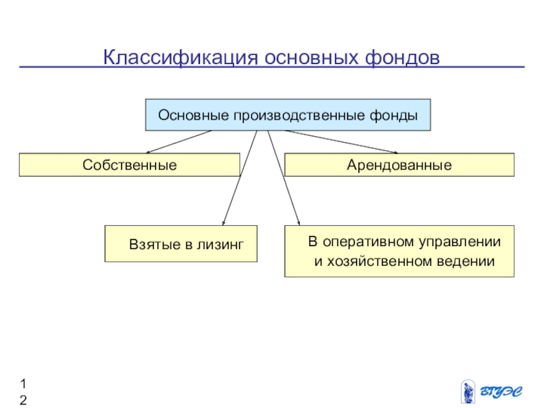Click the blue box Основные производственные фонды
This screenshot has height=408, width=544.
[288, 115]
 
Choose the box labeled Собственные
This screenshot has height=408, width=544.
[129, 165]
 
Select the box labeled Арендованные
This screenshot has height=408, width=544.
[399, 165]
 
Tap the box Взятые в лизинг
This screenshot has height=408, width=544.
[181, 243]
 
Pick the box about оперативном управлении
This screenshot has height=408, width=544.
[399, 251]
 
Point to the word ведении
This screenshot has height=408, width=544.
[469, 261]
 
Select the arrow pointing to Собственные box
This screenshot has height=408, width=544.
[180, 142]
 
